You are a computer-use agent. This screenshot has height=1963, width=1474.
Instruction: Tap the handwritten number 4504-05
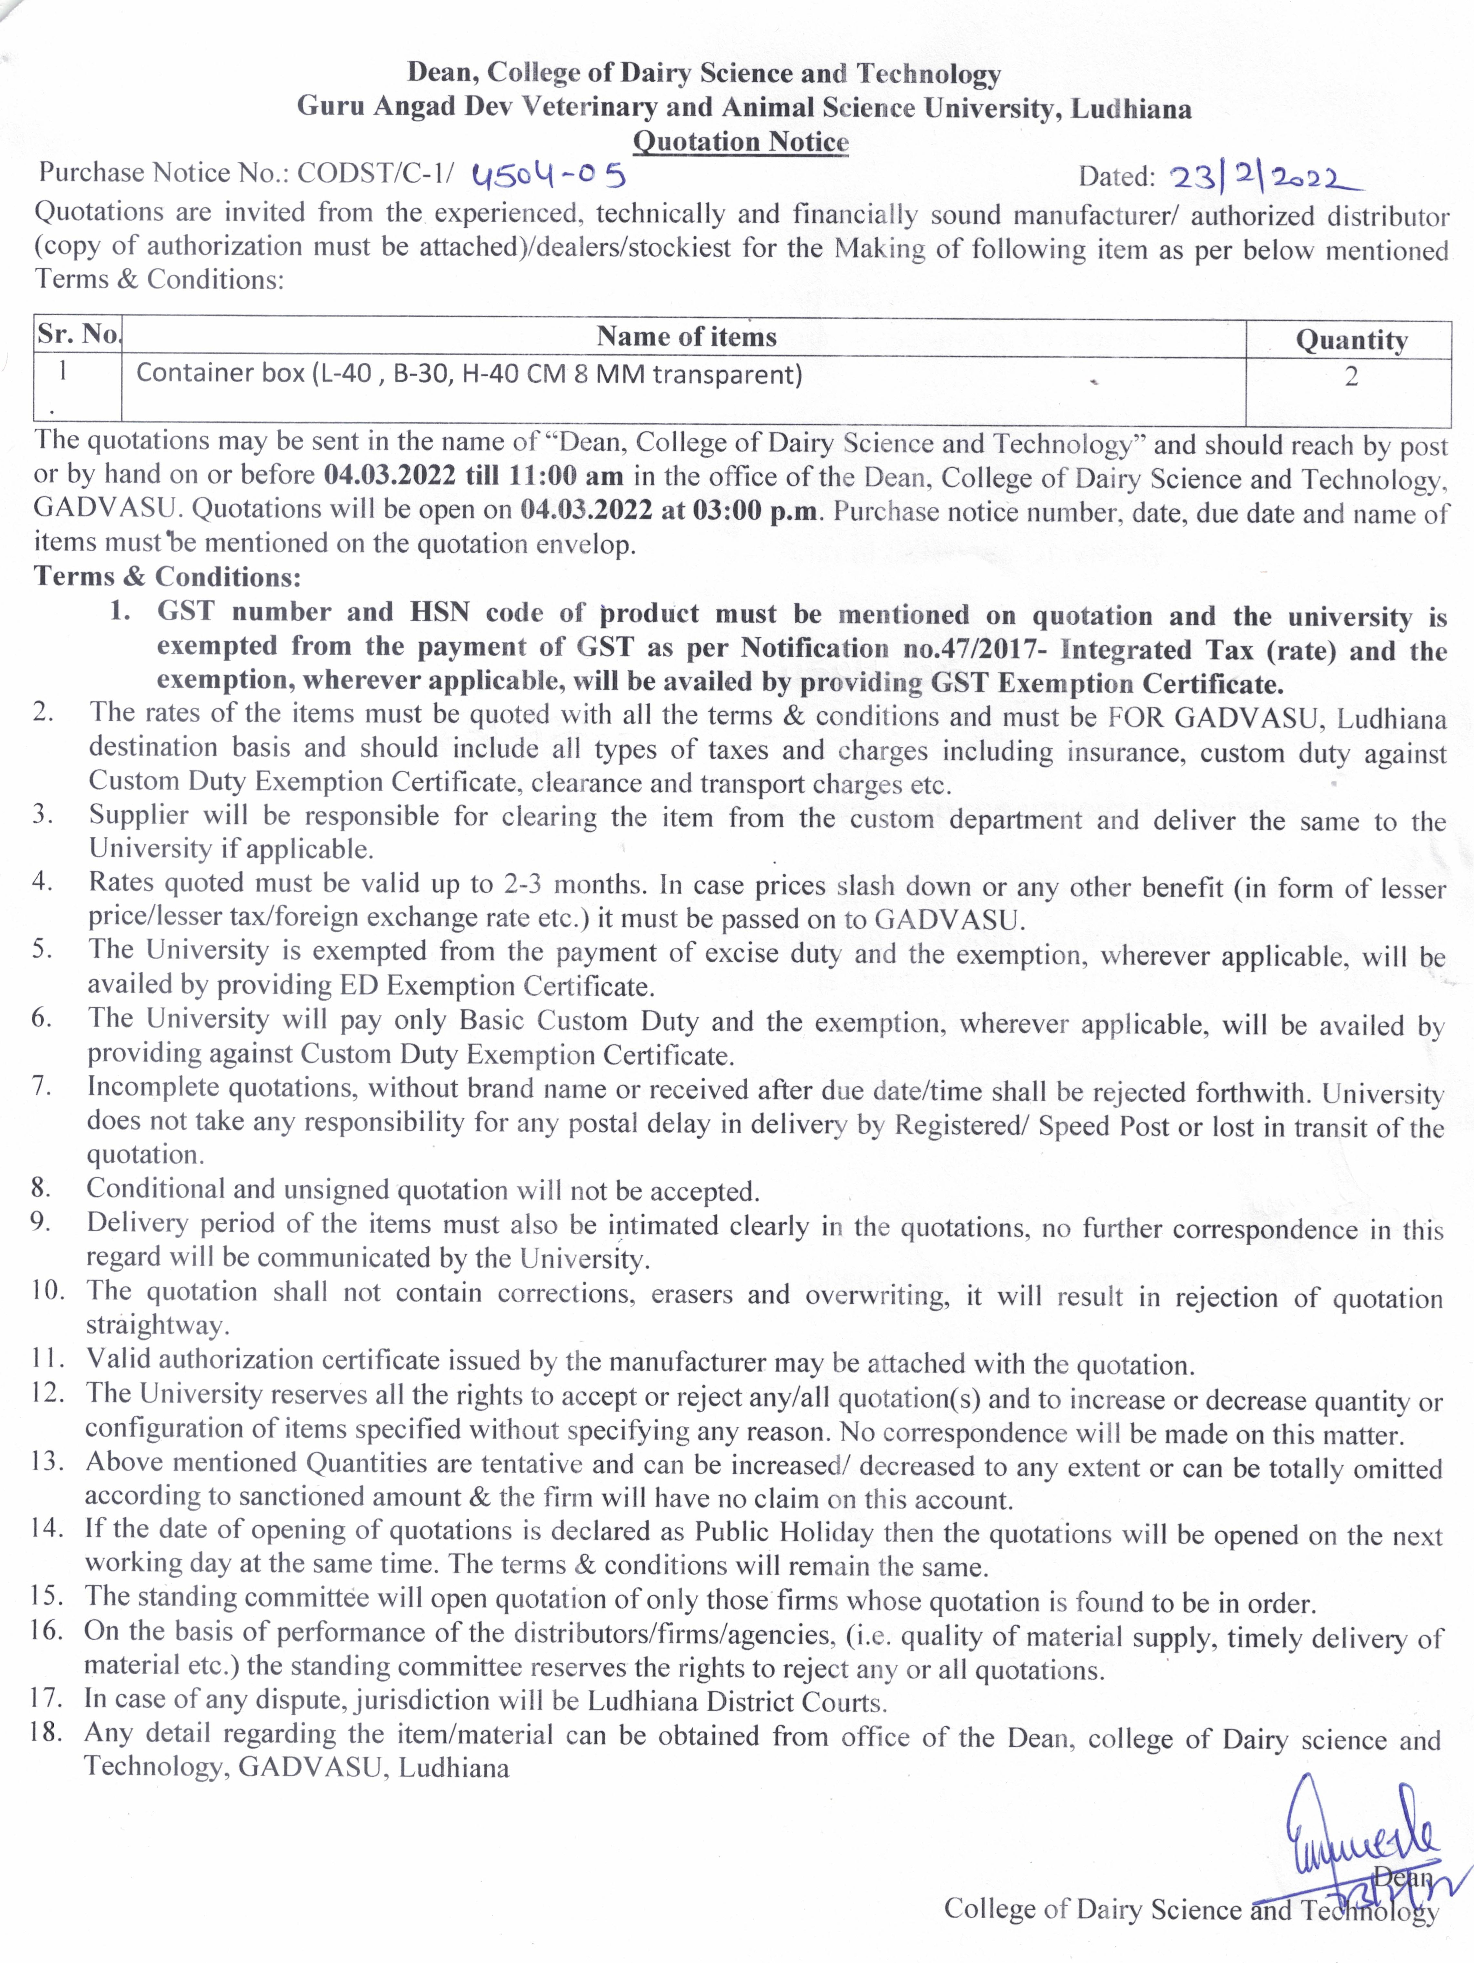click(x=548, y=175)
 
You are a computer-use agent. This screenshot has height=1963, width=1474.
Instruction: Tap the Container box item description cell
click(x=469, y=374)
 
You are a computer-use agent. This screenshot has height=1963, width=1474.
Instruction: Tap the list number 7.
click(x=41, y=1086)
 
